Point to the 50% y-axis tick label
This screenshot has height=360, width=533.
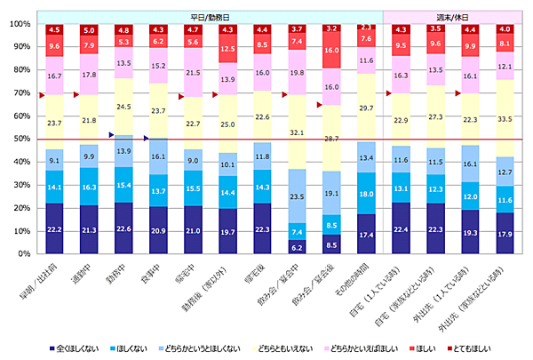(x=20, y=139)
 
